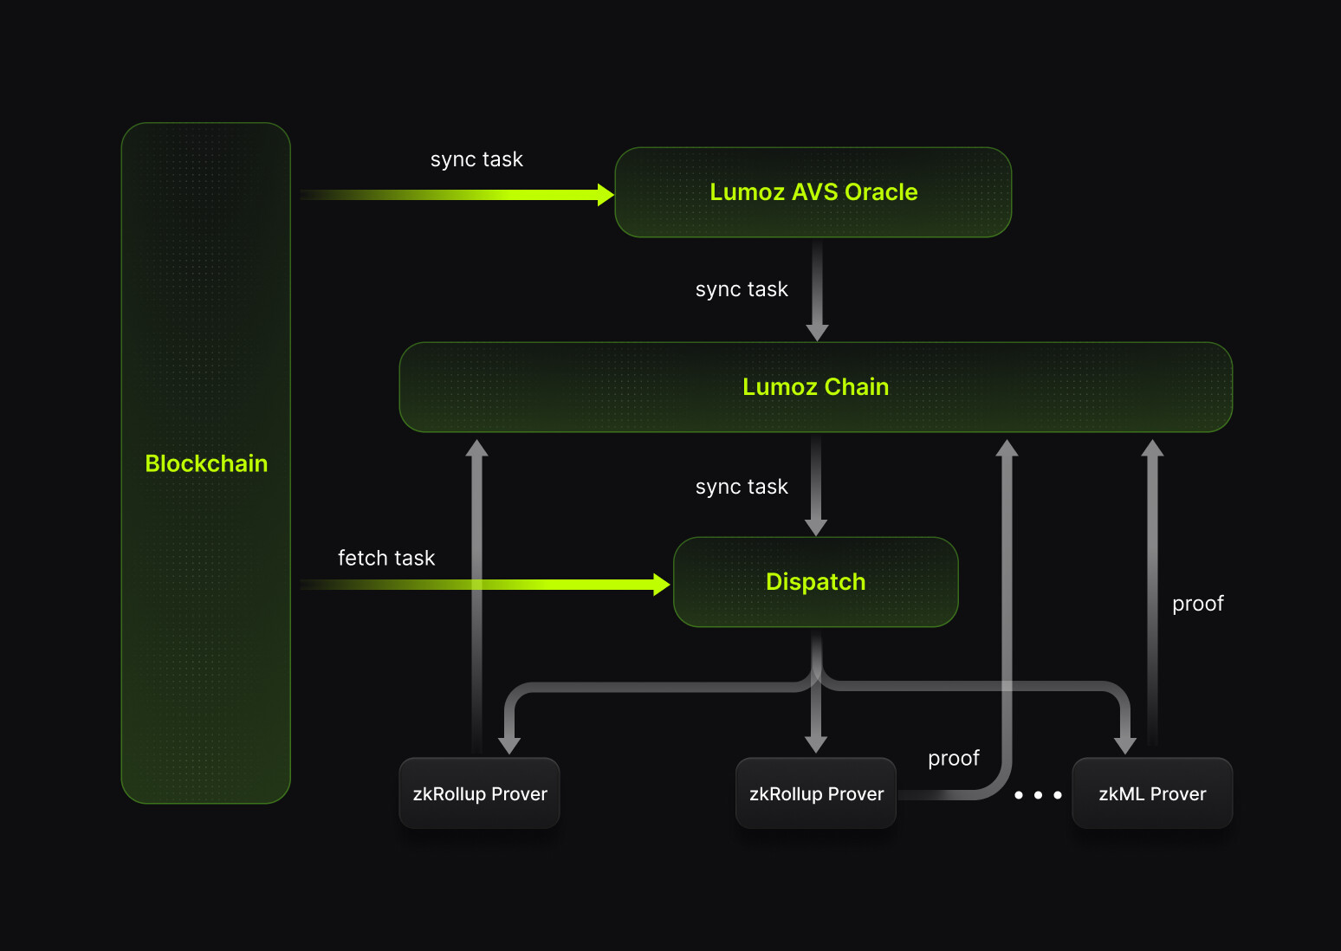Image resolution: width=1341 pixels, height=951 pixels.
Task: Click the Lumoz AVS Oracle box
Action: point(813,192)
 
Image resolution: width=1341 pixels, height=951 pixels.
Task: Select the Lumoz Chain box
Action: point(815,387)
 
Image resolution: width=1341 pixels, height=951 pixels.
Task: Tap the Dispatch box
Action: point(815,582)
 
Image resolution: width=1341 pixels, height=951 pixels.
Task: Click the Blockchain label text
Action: point(206,463)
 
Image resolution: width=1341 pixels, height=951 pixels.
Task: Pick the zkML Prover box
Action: point(1152,793)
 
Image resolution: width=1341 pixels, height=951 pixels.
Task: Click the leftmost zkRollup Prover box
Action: point(479,793)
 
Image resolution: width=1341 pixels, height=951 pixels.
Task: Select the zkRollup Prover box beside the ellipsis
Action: point(815,793)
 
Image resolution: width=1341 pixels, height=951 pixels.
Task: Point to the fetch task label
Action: point(386,558)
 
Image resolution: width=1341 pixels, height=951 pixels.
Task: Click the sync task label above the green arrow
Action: point(476,159)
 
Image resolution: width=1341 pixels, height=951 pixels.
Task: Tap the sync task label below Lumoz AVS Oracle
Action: point(742,289)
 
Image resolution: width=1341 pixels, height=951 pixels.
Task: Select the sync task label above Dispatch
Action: point(742,487)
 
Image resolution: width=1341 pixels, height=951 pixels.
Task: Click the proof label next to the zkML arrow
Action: point(1197,604)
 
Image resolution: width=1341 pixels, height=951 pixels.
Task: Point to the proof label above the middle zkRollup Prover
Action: point(953,758)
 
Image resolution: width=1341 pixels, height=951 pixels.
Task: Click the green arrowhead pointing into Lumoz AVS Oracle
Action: point(606,195)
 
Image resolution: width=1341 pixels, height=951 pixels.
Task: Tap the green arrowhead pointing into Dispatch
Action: point(662,585)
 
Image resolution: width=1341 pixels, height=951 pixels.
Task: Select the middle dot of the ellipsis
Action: point(1038,794)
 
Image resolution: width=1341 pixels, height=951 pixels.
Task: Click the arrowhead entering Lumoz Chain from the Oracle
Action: point(817,333)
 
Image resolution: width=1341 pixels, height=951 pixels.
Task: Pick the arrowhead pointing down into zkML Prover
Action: point(1124,746)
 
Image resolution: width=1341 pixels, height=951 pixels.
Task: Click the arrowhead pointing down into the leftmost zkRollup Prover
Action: point(509,746)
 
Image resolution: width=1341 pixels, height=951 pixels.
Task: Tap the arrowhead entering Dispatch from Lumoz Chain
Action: point(816,527)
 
